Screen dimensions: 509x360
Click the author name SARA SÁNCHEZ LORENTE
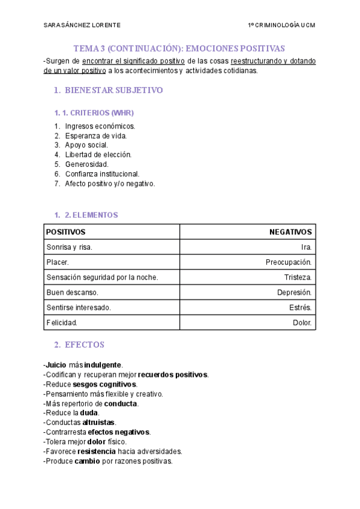click(x=82, y=25)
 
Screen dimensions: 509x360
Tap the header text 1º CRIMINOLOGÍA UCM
click(x=281, y=25)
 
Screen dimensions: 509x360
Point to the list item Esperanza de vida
click(x=96, y=136)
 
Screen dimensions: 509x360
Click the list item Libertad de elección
click(x=98, y=154)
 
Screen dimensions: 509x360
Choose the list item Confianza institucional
click(x=102, y=173)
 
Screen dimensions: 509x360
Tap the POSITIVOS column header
click(x=66, y=232)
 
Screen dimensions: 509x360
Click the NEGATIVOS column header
click(x=290, y=232)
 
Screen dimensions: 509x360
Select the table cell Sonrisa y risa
click(x=70, y=247)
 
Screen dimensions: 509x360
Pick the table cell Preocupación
click(x=289, y=262)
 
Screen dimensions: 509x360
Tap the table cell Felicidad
click(x=62, y=322)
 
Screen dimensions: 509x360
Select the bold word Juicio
click(x=56, y=365)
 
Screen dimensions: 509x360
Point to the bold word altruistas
click(x=98, y=423)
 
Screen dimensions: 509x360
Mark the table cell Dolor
click(x=302, y=322)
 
